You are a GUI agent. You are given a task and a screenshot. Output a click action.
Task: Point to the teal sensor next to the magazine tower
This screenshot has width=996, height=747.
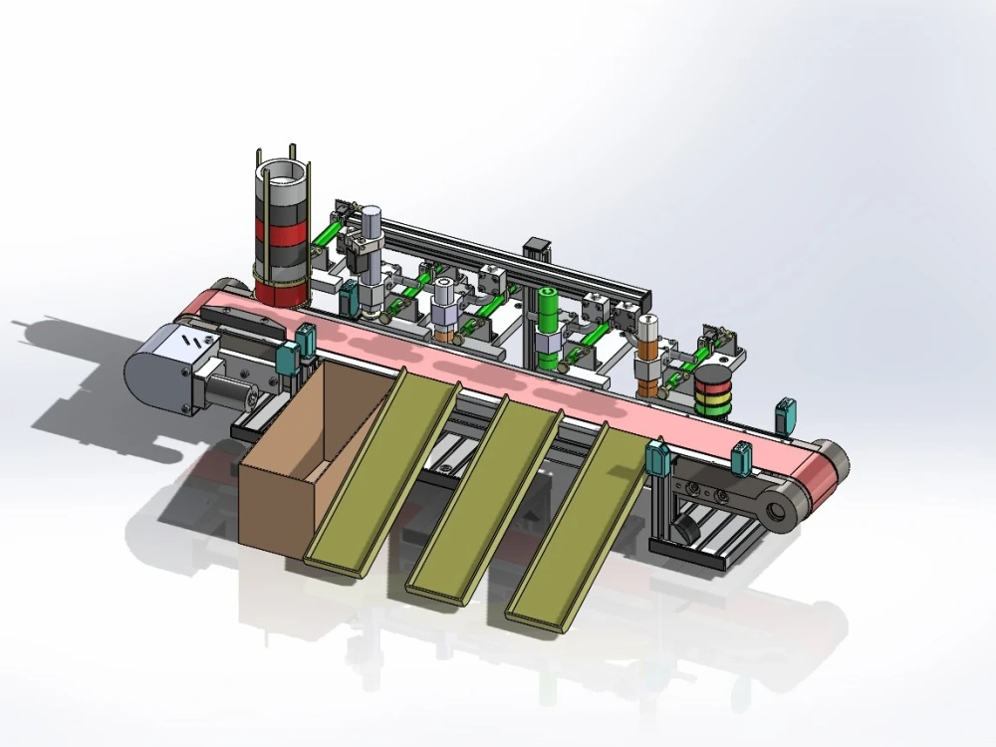coord(351,295)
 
